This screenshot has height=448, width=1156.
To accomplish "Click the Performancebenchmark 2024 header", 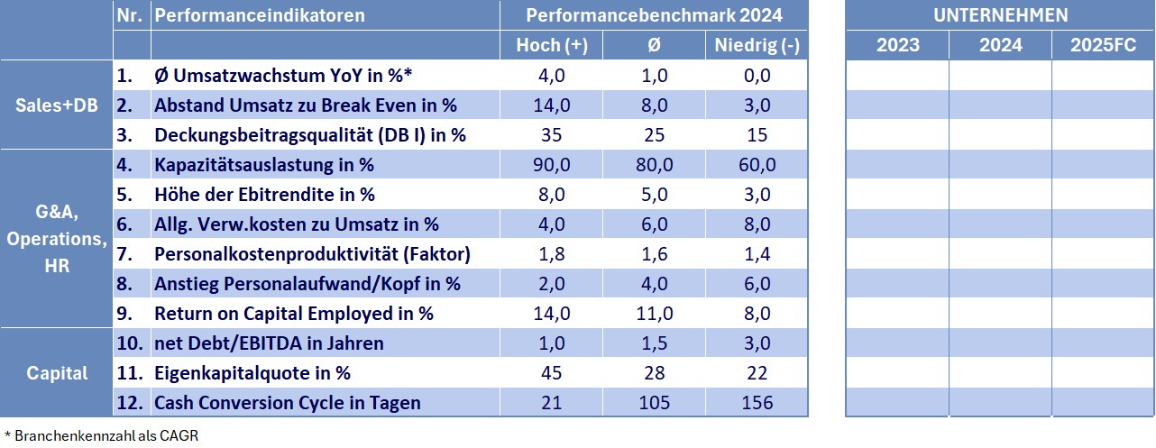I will pyautogui.click(x=654, y=15).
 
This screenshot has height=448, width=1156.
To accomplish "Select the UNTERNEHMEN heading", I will pyautogui.click(x=1000, y=15).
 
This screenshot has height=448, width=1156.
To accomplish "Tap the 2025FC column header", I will pyautogui.click(x=1103, y=45).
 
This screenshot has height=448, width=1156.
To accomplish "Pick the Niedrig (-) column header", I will pyautogui.click(x=757, y=45).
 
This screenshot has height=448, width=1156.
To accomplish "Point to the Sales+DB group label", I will pyautogui.click(x=57, y=105).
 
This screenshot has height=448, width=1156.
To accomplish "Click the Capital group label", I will pyautogui.click(x=57, y=373).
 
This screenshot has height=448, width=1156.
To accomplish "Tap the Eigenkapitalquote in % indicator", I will pyautogui.click(x=252, y=373).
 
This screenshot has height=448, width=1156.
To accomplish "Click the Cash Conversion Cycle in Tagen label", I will pyautogui.click(x=288, y=403).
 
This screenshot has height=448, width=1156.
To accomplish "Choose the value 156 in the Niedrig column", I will pyautogui.click(x=757, y=403).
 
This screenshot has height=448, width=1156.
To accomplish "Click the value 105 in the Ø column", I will pyautogui.click(x=655, y=403).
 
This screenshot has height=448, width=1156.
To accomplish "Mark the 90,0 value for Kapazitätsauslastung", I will pyautogui.click(x=552, y=165).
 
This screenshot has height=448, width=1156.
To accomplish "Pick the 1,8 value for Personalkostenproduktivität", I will pyautogui.click(x=552, y=254).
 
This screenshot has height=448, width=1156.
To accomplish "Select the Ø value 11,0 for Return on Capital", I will pyautogui.click(x=655, y=314).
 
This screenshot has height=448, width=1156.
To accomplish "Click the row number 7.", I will pyautogui.click(x=124, y=254).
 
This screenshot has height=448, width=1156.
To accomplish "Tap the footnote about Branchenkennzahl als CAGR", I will pyautogui.click(x=101, y=435).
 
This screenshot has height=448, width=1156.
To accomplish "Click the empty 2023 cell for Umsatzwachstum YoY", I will pyautogui.click(x=897, y=76).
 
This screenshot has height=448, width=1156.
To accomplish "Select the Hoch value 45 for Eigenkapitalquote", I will pyautogui.click(x=552, y=373).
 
